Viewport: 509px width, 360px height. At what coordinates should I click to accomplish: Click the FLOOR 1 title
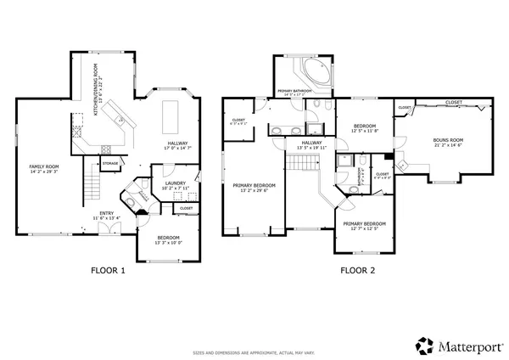(108, 272)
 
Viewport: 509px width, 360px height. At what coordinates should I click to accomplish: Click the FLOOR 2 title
(357, 272)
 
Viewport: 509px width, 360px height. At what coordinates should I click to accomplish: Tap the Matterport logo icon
(422, 345)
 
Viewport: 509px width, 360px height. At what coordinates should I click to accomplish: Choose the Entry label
(107, 213)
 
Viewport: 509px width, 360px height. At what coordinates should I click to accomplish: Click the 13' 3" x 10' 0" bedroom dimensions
(167, 243)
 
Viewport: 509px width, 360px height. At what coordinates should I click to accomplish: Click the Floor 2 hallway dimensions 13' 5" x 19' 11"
(310, 148)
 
